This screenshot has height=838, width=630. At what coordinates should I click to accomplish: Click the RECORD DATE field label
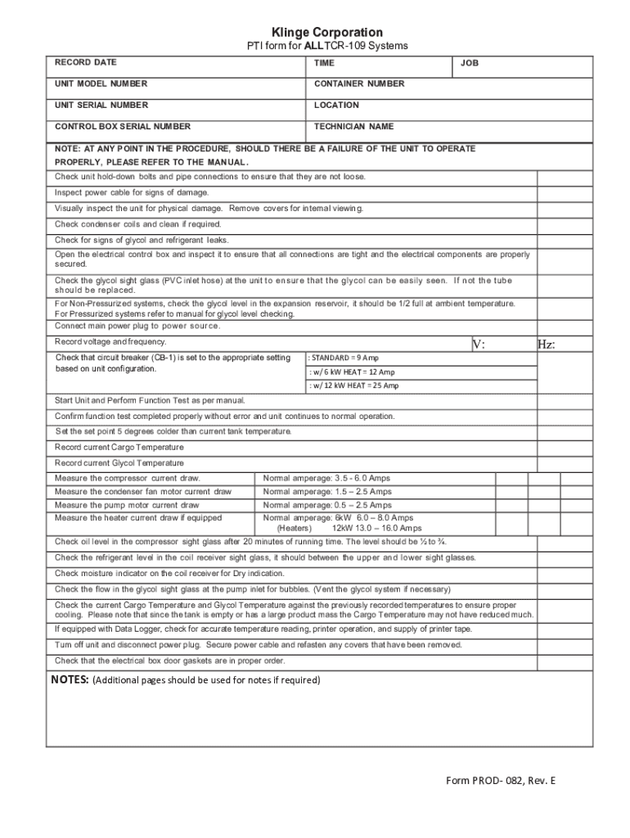[85, 62]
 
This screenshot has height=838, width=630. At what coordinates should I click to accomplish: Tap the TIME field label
[324, 63]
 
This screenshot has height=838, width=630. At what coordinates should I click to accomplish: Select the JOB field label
[469, 63]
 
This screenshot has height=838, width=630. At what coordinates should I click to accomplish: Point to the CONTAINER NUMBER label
[358, 83]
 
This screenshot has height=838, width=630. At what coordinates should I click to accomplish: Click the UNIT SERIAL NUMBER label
[101, 105]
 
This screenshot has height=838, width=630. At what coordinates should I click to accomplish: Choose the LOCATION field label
[336, 105]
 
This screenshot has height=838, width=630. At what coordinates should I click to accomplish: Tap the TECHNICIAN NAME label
[353, 126]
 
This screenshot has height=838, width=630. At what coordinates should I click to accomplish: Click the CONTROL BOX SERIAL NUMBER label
[122, 126]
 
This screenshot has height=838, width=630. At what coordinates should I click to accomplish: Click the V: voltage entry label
[479, 345]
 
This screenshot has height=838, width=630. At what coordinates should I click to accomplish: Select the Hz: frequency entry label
[546, 345]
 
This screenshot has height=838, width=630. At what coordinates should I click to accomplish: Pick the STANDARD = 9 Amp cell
[344, 358]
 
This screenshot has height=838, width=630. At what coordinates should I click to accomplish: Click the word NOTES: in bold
[69, 679]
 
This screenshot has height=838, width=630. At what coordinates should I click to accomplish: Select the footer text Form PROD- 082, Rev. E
[501, 780]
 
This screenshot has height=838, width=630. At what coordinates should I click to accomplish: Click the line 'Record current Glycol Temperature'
[119, 463]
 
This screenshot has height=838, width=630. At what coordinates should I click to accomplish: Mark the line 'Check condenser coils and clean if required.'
[138, 224]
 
